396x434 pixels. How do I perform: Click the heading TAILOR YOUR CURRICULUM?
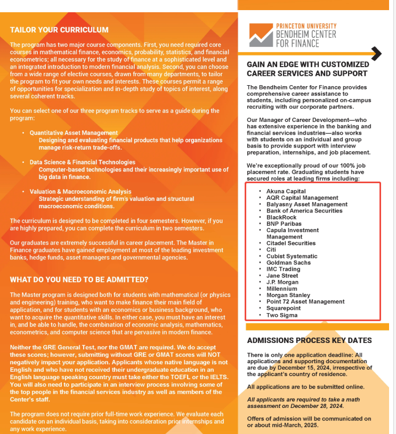59,30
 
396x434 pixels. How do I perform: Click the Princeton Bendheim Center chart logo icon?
260,36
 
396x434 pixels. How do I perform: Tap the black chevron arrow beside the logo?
376,53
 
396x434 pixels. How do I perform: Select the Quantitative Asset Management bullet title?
74,133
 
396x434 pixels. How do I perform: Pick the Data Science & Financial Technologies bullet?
82,162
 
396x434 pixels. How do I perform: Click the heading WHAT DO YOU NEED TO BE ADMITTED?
79,280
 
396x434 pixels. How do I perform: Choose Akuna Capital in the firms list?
286,191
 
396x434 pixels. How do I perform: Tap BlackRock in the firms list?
281,217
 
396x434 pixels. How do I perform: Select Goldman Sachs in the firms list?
288,263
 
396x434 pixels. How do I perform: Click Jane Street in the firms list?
282,276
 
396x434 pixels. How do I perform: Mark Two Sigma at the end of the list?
282,315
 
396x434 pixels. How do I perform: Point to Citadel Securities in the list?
291,243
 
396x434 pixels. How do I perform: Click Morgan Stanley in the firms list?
288,295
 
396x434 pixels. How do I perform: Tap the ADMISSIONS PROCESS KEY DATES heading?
309,340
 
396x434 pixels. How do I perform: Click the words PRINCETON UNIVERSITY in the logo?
306,26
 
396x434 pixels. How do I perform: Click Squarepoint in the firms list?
284,308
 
